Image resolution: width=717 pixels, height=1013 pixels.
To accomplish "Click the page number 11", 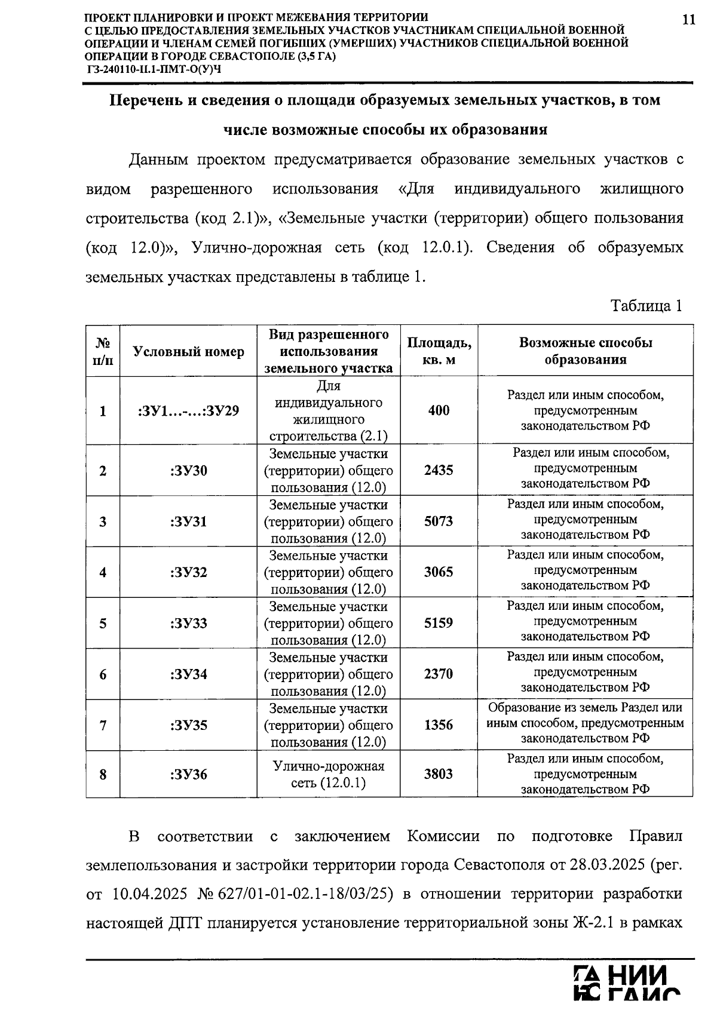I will click(x=688, y=19).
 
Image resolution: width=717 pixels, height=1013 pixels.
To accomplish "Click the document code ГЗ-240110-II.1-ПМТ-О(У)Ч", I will click(x=154, y=69).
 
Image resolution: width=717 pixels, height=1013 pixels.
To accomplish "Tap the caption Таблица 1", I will click(x=645, y=306).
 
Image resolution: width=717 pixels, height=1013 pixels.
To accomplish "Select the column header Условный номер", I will click(x=188, y=352).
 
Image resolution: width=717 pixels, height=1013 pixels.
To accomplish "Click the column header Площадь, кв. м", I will click(x=439, y=351).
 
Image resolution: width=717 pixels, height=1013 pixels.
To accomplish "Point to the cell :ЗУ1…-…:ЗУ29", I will click(x=188, y=411).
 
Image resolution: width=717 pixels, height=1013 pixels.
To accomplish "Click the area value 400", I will click(x=439, y=410).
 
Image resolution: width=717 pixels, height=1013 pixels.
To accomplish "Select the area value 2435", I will click(x=439, y=470).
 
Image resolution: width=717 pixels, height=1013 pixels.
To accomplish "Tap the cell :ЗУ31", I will click(x=188, y=521).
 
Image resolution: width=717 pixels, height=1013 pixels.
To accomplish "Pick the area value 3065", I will click(x=439, y=572).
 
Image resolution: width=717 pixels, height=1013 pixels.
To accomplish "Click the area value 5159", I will click(x=439, y=623).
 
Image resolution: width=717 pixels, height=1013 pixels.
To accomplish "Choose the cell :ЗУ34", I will click(x=188, y=674).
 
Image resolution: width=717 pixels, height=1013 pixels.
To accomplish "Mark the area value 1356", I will click(x=439, y=725).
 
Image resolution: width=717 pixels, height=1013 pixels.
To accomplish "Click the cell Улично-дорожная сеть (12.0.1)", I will click(x=328, y=774).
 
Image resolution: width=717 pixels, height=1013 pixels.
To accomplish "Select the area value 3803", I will click(x=439, y=774).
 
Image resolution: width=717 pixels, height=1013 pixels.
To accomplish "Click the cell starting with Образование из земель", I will click(x=584, y=723).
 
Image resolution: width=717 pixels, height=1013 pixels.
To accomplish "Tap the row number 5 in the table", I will click(x=103, y=624).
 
